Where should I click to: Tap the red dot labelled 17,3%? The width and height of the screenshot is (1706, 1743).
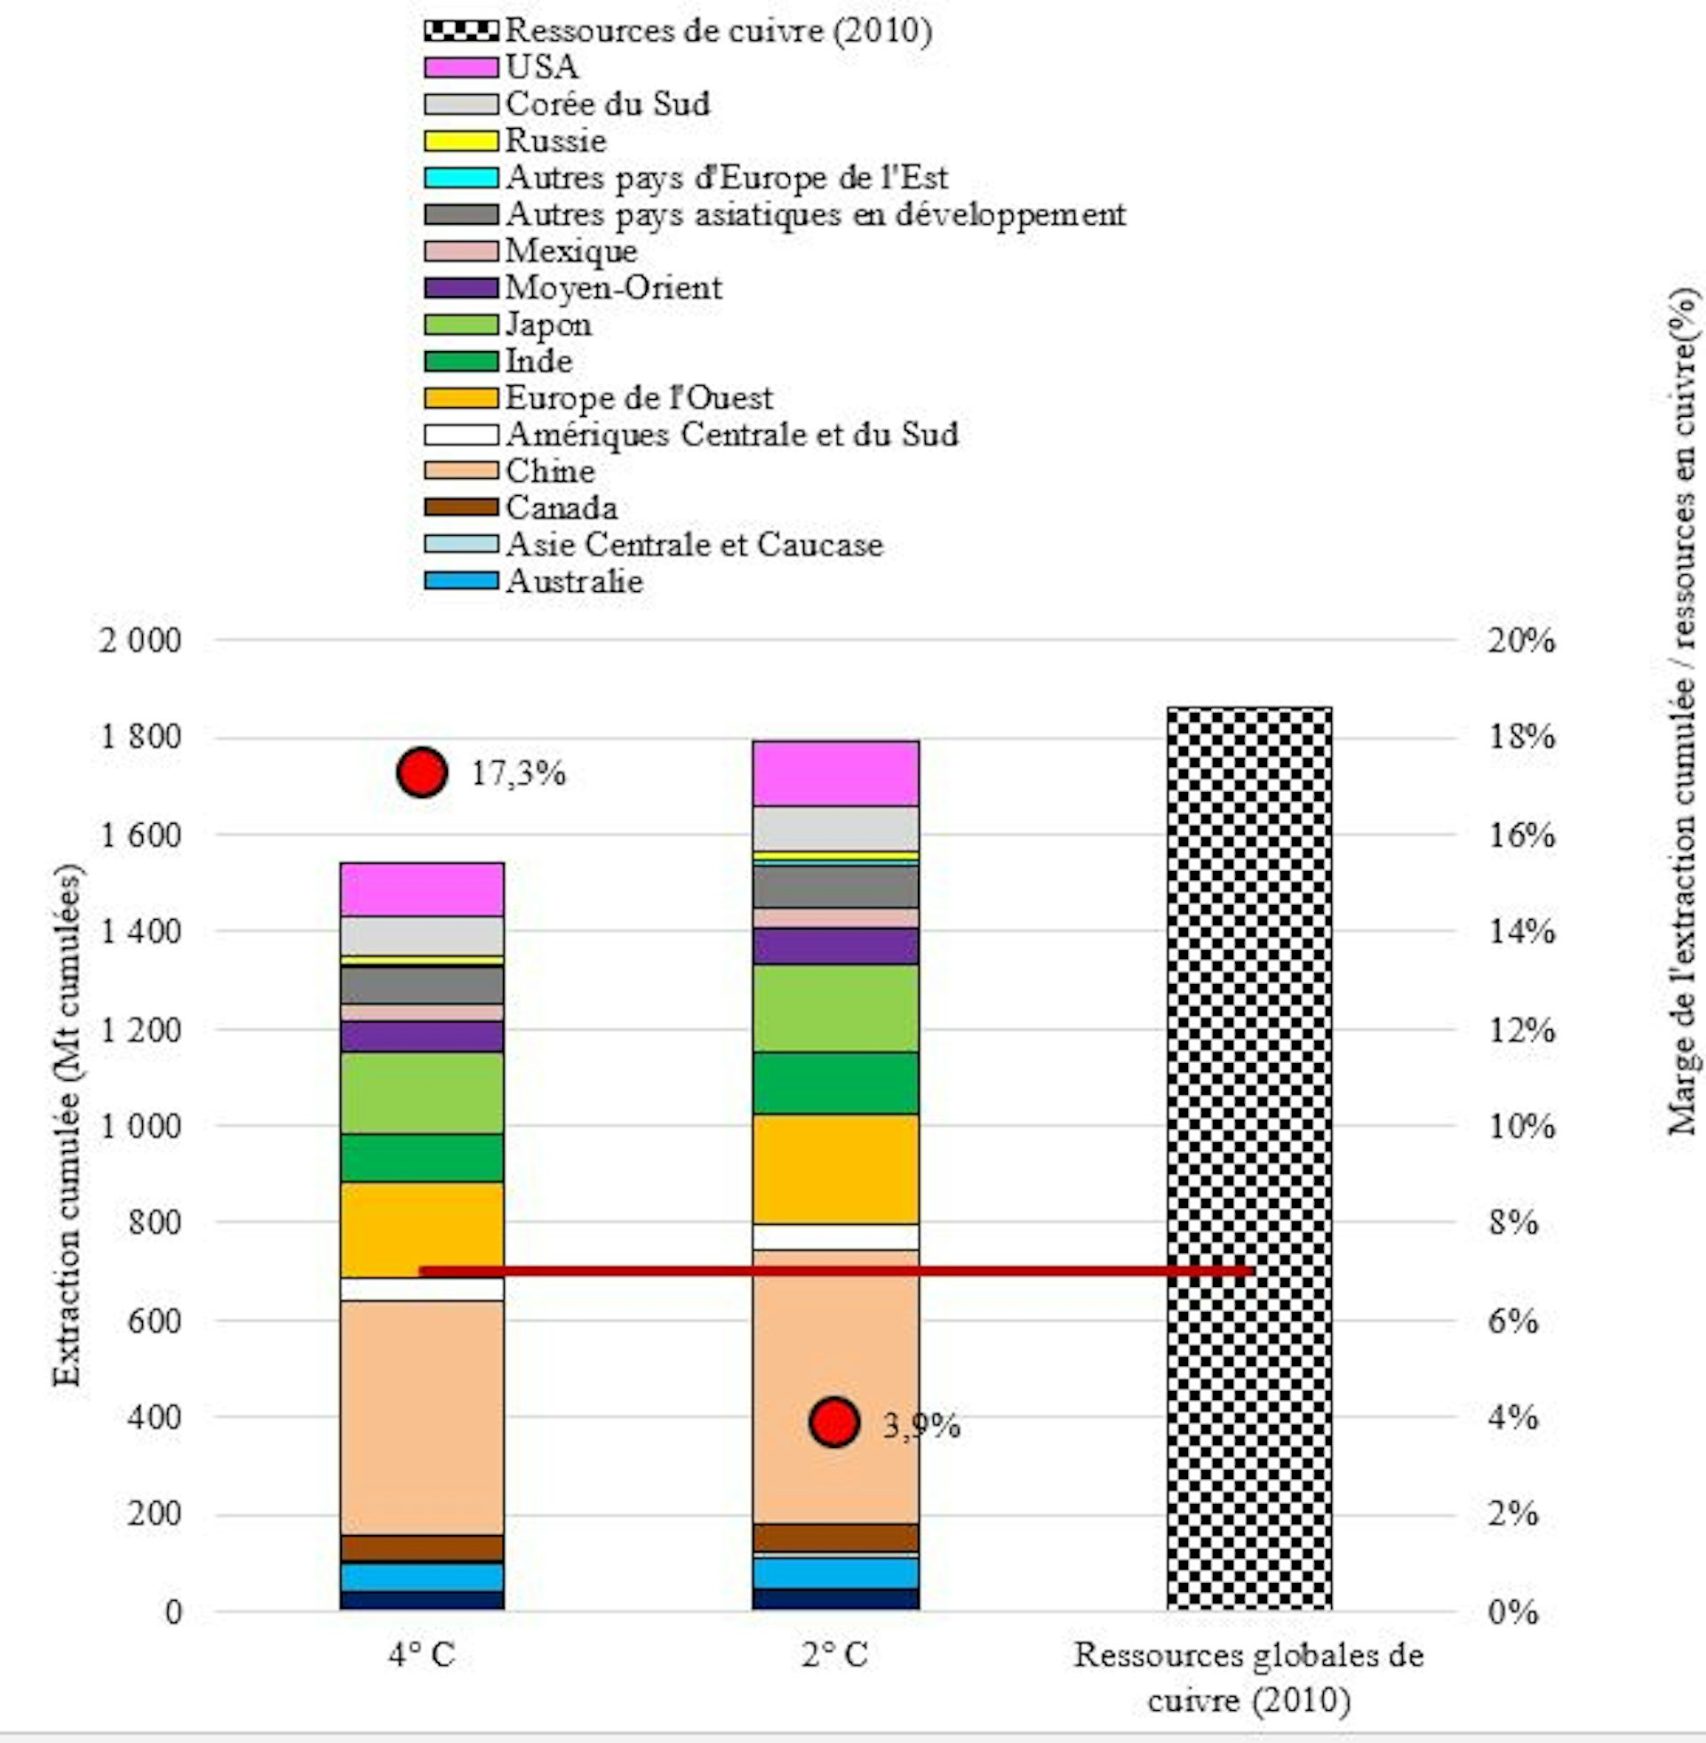tap(422, 772)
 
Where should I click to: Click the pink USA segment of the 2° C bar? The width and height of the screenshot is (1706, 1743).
tap(835, 773)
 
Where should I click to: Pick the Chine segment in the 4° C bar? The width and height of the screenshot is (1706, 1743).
tap(421, 1417)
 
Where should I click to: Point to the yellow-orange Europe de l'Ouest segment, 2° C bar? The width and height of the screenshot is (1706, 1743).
tap(835, 1169)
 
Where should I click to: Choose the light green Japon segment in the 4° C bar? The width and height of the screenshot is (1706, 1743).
tap(421, 1092)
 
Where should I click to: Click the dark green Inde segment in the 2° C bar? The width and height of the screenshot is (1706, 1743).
tap(835, 1083)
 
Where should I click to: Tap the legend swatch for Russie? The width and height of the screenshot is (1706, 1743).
tap(460, 140)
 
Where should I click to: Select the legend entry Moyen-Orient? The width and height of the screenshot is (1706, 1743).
tap(613, 288)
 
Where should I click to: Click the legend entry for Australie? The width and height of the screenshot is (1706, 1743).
tap(573, 581)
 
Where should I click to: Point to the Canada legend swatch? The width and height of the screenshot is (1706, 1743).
tap(460, 508)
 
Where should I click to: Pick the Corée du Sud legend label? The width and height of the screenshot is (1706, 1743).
tap(608, 104)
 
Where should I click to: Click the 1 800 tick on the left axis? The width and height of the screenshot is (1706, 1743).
tap(140, 738)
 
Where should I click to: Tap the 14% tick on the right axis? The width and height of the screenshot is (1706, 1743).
tap(1520, 932)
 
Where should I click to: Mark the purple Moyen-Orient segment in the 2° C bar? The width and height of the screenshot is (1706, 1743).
tap(835, 947)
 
